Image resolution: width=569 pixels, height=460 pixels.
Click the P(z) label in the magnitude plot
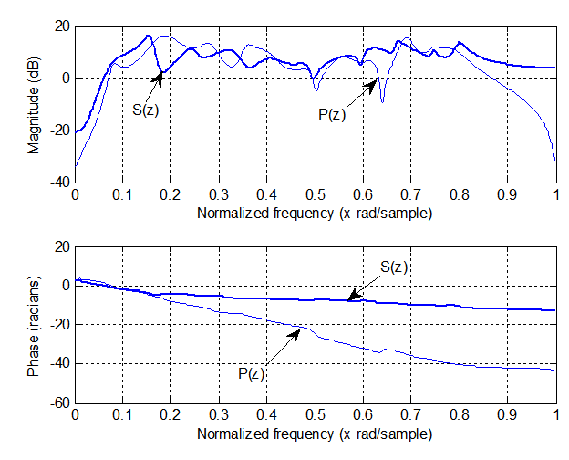(332, 114)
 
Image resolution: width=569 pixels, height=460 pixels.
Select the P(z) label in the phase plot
(254, 372)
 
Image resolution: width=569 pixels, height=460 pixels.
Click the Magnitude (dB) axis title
(34, 103)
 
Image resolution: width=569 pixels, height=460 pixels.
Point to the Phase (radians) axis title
(34, 326)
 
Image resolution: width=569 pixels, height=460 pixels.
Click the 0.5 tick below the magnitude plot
(315, 194)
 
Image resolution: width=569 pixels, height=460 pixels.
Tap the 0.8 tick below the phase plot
(460, 416)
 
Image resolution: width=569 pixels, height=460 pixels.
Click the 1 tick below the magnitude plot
(555, 194)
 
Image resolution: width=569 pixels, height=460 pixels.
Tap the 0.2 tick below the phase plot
(171, 416)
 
